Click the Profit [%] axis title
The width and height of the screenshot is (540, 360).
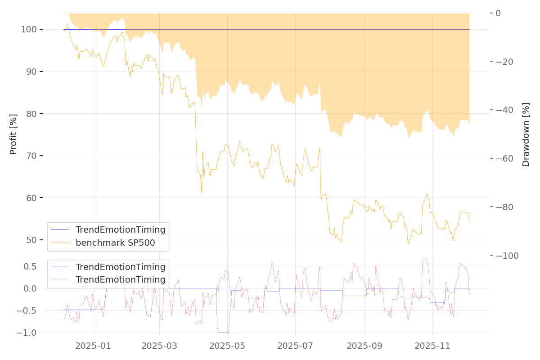pyautogui.click(x=13, y=135)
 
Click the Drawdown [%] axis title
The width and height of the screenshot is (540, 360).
pyautogui.click(x=526, y=135)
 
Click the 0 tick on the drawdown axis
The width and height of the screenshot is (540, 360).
pyautogui.click(x=498, y=13)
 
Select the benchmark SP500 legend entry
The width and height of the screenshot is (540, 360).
pyautogui.click(x=115, y=243)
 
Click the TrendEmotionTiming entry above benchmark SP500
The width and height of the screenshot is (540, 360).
pyautogui.click(x=120, y=230)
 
